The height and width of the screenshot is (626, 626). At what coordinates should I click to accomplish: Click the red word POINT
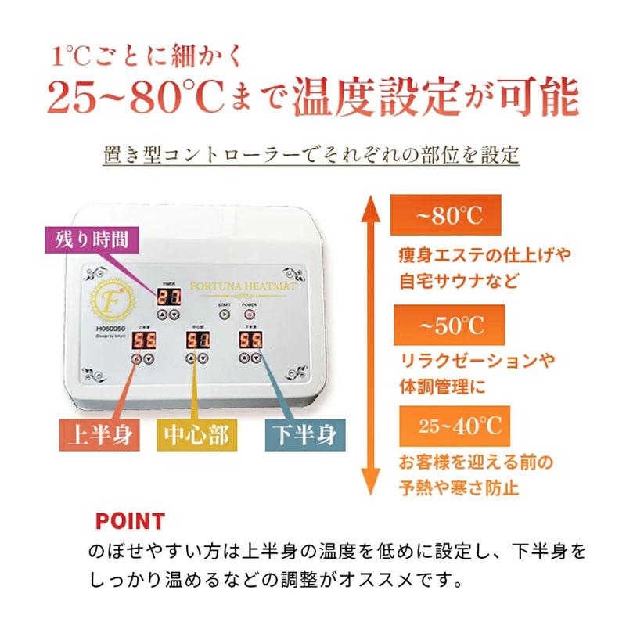[129, 521]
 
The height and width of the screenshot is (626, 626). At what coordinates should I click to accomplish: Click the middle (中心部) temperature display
[196, 340]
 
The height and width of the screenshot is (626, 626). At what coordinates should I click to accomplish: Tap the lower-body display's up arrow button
[244, 358]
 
